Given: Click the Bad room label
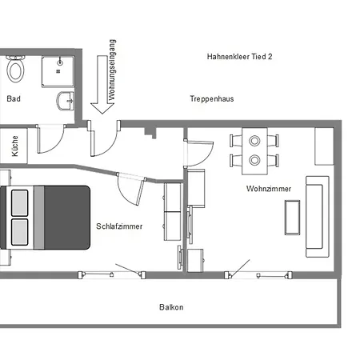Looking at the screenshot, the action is tap(14, 98).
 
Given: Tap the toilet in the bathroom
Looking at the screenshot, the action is tap(15, 69).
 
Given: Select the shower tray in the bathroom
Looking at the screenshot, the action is tap(58, 71).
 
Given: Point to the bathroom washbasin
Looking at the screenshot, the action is tap(66, 101).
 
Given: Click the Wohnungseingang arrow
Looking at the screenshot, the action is tap(102, 85).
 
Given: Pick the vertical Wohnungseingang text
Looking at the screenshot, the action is tap(112, 70).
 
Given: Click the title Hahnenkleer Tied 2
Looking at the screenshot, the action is tap(239, 57).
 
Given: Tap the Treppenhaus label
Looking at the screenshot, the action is tap(212, 99).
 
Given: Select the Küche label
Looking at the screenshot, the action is tap(14, 146).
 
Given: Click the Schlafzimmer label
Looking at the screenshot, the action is tap(119, 226).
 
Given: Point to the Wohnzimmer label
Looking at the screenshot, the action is tap(269, 189).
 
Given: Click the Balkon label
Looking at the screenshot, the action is tap(171, 307).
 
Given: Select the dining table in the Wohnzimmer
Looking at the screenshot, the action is tap(254, 151).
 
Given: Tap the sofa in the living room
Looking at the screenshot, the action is tap(318, 217).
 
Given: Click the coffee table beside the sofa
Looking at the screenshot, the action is tap(292, 218).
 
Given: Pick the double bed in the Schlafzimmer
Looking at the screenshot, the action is tap(45, 218).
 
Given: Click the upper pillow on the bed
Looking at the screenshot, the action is tap(20, 203).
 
